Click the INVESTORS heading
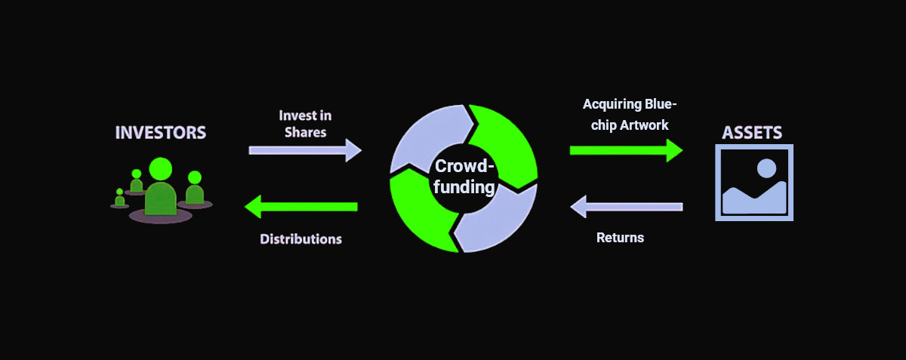click(160, 133)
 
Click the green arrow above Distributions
click(301, 205)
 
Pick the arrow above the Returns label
click(626, 205)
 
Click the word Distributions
click(300, 239)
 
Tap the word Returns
click(620, 238)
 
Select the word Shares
click(305, 132)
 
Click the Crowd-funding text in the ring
click(464, 177)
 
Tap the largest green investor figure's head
click(161, 168)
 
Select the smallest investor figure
click(119, 198)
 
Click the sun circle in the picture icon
click(767, 168)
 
